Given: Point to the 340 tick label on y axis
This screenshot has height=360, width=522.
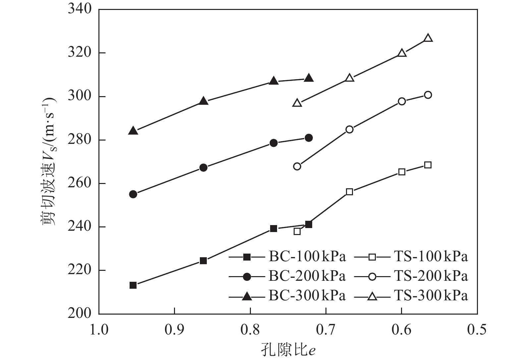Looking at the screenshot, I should click(79, 9).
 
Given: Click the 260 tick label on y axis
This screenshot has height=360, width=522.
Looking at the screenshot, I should click(79, 183).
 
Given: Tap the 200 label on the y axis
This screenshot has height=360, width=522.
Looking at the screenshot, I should click(79, 314).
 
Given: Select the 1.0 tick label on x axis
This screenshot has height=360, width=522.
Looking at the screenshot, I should click(99, 330).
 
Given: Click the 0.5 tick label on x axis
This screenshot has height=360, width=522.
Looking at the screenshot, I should click(477, 330).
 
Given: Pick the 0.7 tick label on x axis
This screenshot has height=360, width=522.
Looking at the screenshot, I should click(326, 330).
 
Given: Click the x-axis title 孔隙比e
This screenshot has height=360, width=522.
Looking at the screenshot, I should click(288, 350).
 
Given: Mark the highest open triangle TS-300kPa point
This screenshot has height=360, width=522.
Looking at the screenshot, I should click(428, 38).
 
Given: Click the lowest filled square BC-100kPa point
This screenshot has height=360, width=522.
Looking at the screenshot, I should click(133, 285).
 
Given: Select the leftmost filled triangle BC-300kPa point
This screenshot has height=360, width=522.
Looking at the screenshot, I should click(133, 131).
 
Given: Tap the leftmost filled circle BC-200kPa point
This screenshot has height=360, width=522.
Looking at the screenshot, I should click(133, 194).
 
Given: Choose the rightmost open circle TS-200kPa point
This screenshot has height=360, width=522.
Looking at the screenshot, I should click(428, 95).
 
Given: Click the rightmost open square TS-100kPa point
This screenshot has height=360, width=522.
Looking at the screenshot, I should click(428, 165).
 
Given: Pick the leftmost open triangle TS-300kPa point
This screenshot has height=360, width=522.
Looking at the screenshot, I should click(297, 103).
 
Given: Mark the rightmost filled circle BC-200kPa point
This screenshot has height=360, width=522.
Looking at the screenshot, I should click(309, 138).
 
